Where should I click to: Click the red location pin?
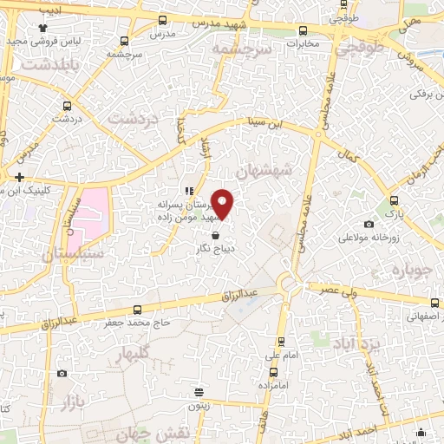click(x=223, y=203)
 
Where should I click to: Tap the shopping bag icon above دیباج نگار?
click(x=216, y=234)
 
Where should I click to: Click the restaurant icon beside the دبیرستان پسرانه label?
click(x=187, y=191)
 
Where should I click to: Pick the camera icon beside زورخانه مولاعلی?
click(x=369, y=225)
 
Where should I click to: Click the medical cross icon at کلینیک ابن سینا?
click(x=18, y=176)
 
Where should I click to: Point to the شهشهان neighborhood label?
click(x=295, y=173)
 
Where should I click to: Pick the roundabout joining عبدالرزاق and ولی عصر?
click(x=288, y=283)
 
